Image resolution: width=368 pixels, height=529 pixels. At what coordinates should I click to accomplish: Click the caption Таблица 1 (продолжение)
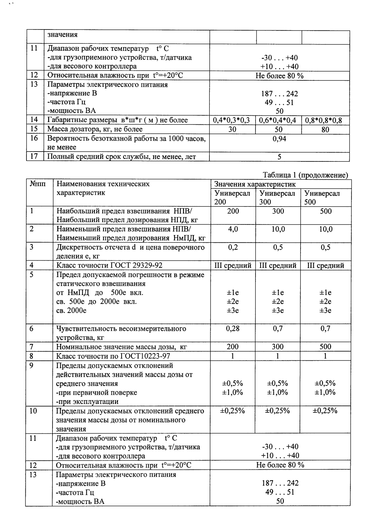305,175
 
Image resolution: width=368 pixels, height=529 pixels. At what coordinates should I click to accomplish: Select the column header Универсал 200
232,198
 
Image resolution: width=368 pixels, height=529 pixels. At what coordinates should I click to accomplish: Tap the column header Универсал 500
322,198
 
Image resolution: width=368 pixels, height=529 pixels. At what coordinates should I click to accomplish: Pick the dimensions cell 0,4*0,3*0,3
232,120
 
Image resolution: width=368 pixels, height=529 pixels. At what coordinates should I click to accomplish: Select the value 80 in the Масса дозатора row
325,129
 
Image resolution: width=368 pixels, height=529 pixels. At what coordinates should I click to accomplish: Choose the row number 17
34,157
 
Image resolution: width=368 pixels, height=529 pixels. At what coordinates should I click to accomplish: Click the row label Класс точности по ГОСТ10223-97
113,356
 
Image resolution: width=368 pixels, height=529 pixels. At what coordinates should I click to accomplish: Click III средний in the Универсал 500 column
325,266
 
